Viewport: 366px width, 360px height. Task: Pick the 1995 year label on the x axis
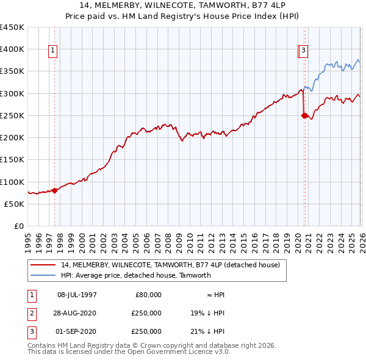click(x=28, y=238)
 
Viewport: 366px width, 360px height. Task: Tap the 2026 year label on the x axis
click(x=361, y=238)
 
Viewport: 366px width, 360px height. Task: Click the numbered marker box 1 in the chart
click(x=54, y=51)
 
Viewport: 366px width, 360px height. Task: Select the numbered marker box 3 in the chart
click(x=304, y=51)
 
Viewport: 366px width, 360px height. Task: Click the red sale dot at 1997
click(x=55, y=190)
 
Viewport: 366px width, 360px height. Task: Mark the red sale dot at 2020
click(x=304, y=115)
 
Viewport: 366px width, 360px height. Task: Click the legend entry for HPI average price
click(x=135, y=275)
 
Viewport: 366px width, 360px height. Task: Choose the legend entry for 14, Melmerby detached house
click(x=170, y=265)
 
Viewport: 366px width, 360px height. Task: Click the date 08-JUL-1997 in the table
click(x=77, y=295)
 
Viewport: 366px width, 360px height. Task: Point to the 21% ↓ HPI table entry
click(x=207, y=331)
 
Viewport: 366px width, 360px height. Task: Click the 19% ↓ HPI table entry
click(x=207, y=313)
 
